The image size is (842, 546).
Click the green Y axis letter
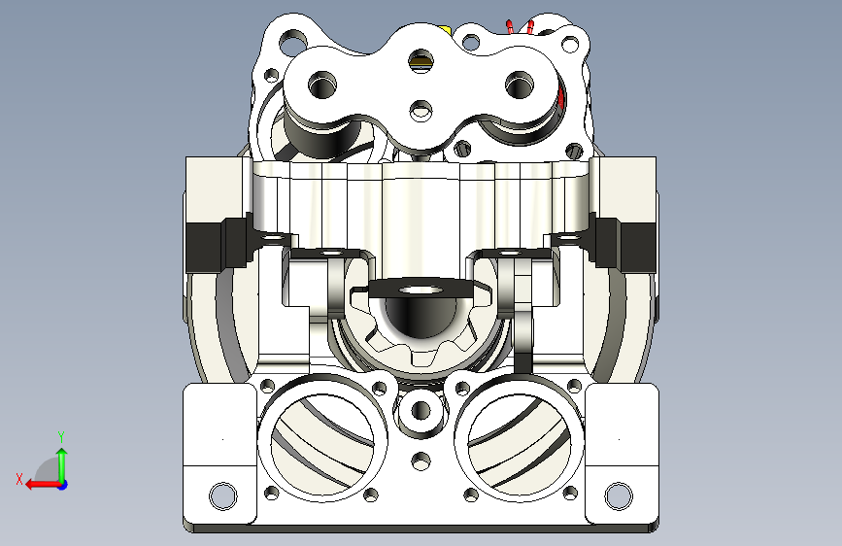[61, 436]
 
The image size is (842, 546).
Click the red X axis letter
[19, 479]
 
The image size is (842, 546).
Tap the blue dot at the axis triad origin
[63, 485]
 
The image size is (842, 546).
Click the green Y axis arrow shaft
[62, 464]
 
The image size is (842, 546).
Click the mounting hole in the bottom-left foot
[222, 496]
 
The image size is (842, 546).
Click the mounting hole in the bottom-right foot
[619, 496]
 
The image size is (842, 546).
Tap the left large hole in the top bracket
[322, 85]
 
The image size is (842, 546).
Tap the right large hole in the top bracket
[520, 85]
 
